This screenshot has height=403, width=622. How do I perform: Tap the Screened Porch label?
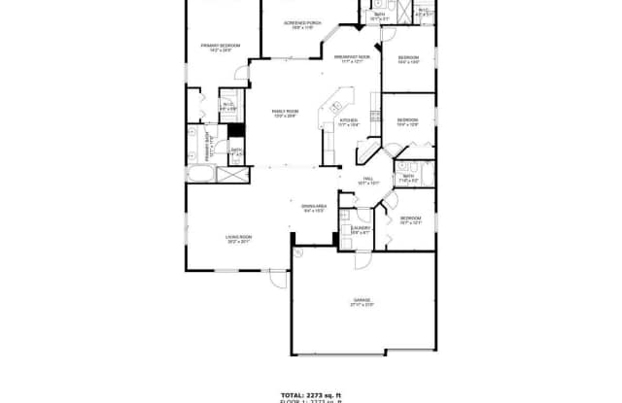(303, 24)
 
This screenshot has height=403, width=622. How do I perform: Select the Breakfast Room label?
(348, 61)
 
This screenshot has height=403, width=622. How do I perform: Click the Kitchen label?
(349, 123)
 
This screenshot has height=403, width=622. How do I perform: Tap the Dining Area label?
(313, 209)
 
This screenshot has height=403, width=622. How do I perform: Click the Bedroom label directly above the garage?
(409, 220)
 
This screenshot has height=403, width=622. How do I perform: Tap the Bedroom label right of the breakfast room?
(407, 61)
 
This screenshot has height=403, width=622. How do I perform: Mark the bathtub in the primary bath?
(202, 177)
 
